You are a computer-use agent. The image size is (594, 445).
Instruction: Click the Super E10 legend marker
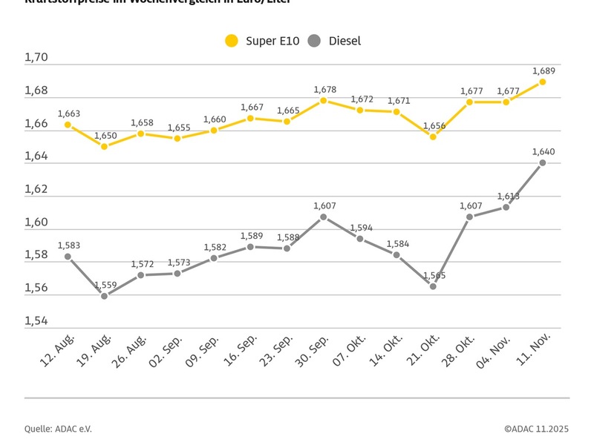[x=232, y=41]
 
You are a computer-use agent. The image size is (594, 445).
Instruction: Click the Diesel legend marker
[x=314, y=41]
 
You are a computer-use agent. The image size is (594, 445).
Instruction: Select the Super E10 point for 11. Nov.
[x=543, y=82]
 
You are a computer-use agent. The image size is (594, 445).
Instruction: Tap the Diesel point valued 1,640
[x=543, y=162]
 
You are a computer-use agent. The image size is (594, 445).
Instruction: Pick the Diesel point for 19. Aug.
[x=105, y=296]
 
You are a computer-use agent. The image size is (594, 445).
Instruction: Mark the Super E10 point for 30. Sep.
[x=324, y=100]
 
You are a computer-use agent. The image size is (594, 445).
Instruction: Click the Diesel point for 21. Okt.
[x=433, y=286]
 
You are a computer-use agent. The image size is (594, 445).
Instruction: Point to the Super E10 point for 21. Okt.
[x=433, y=136]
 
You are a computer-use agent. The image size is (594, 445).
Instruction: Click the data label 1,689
[x=543, y=70]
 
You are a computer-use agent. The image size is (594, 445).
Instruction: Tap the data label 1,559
[x=105, y=285]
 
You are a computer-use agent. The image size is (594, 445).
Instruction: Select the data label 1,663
[x=68, y=113]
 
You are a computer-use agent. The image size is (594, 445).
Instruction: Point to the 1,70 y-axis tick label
[x=36, y=58]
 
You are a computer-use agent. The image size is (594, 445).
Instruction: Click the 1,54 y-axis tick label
[x=36, y=321]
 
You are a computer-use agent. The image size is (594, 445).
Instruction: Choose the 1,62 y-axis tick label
[x=36, y=189]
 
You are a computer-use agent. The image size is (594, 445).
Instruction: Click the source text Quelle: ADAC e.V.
[x=59, y=428]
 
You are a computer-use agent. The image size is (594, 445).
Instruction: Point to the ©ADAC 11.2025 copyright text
[x=537, y=428]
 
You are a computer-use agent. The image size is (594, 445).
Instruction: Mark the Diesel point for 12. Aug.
[x=68, y=257]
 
